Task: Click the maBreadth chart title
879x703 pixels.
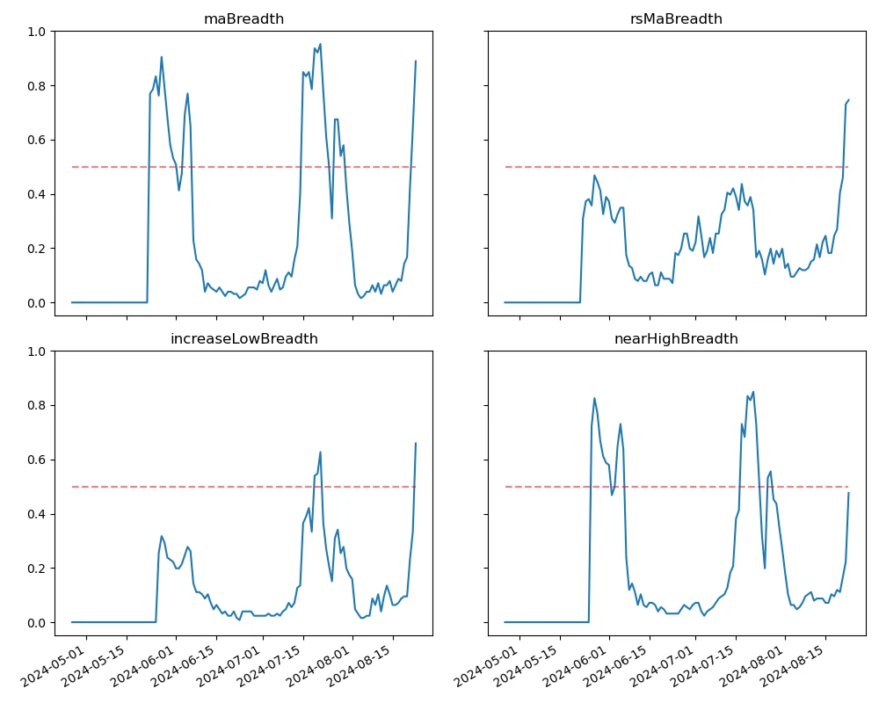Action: click(243, 19)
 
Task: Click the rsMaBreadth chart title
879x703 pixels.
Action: click(676, 19)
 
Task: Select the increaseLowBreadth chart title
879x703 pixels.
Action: click(243, 339)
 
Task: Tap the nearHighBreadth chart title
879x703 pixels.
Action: click(676, 339)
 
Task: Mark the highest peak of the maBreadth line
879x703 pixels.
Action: click(320, 44)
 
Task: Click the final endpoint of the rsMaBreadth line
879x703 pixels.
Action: click(848, 100)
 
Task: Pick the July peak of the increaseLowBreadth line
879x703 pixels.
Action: click(320, 453)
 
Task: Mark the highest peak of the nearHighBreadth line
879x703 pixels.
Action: click(753, 392)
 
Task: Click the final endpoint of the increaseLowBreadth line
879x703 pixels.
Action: click(416, 444)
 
